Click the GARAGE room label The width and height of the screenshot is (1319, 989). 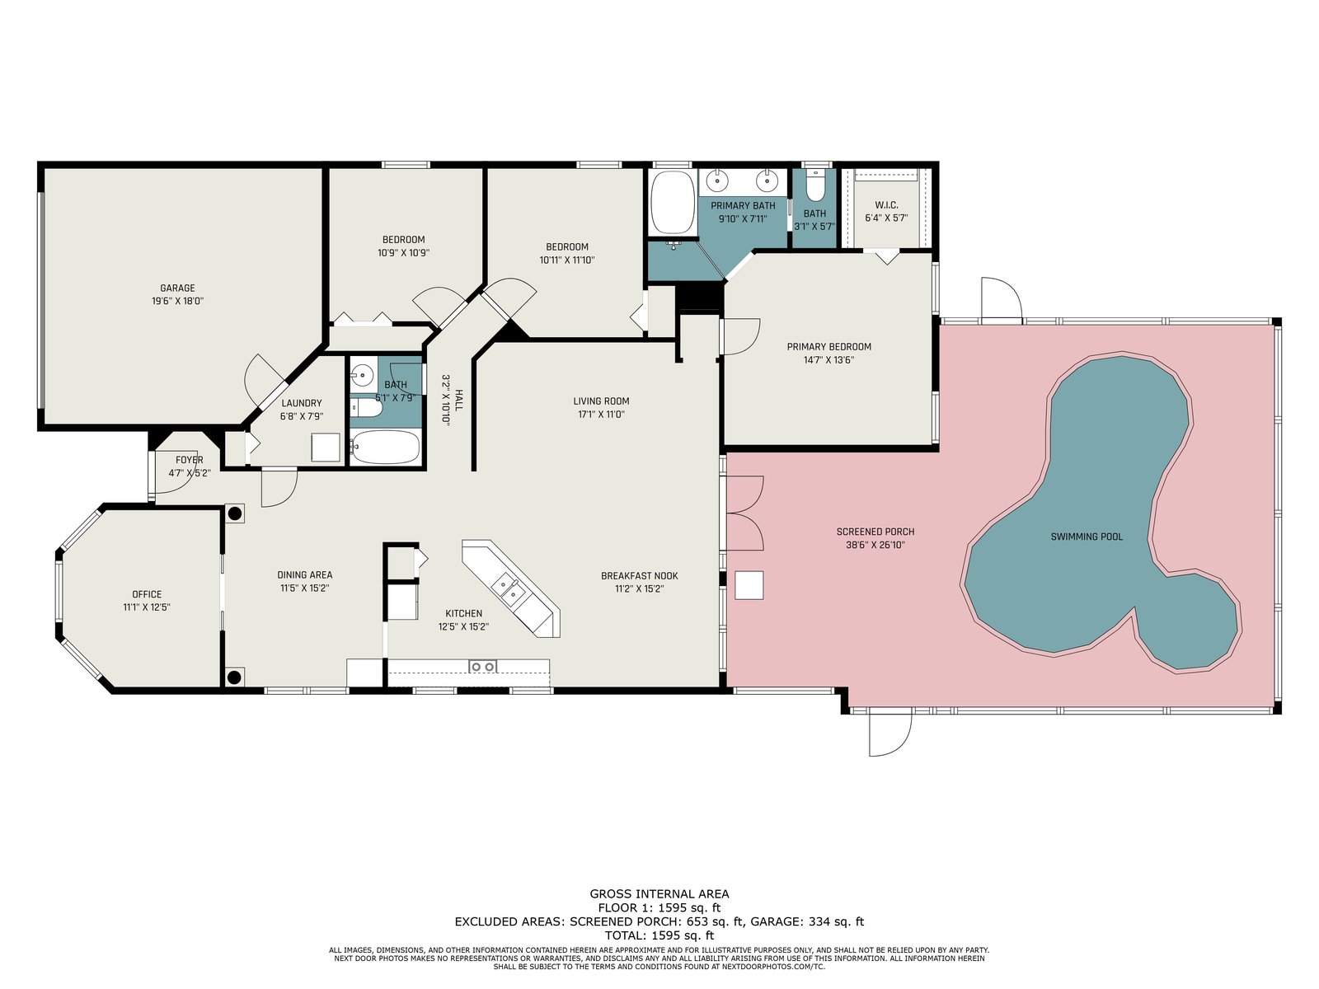click(x=177, y=288)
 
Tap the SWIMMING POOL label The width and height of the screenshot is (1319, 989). click(x=1087, y=537)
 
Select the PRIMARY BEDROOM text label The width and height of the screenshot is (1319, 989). click(x=828, y=346)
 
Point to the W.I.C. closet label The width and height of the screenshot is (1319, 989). click(x=886, y=204)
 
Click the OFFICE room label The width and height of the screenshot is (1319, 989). click(x=147, y=594)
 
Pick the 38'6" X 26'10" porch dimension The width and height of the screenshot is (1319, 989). click(x=875, y=546)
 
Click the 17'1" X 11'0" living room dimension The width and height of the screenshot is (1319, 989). click(x=600, y=415)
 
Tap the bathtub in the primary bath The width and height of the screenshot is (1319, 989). click(x=673, y=203)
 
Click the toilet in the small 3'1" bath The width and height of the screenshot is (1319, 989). click(x=814, y=185)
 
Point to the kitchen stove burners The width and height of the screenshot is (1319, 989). click(x=482, y=667)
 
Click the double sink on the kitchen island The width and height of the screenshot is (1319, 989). click(x=509, y=588)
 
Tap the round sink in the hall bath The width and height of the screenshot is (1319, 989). click(x=363, y=375)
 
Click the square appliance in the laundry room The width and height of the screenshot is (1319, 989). click(x=325, y=448)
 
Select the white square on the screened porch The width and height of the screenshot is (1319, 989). click(x=749, y=585)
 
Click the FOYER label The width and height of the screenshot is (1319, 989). click(x=190, y=460)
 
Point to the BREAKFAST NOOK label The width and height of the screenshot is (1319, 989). click(x=640, y=576)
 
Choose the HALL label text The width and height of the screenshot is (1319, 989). click(x=458, y=400)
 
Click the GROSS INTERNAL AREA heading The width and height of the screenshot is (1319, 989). click(x=659, y=894)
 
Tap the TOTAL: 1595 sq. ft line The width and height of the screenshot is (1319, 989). click(x=659, y=935)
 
